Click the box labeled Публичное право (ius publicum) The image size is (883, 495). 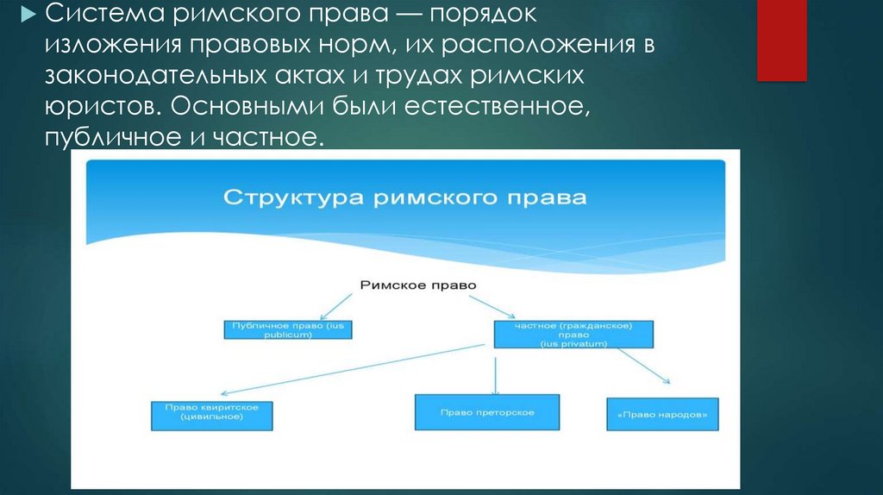(289, 329)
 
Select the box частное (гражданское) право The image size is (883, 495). (573, 335)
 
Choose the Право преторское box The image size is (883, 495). (487, 412)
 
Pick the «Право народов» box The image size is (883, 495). (663, 413)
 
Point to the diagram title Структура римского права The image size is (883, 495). (405, 197)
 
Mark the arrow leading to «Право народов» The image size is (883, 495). (642, 364)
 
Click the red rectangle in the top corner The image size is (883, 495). (781, 40)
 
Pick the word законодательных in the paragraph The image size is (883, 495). (154, 75)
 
